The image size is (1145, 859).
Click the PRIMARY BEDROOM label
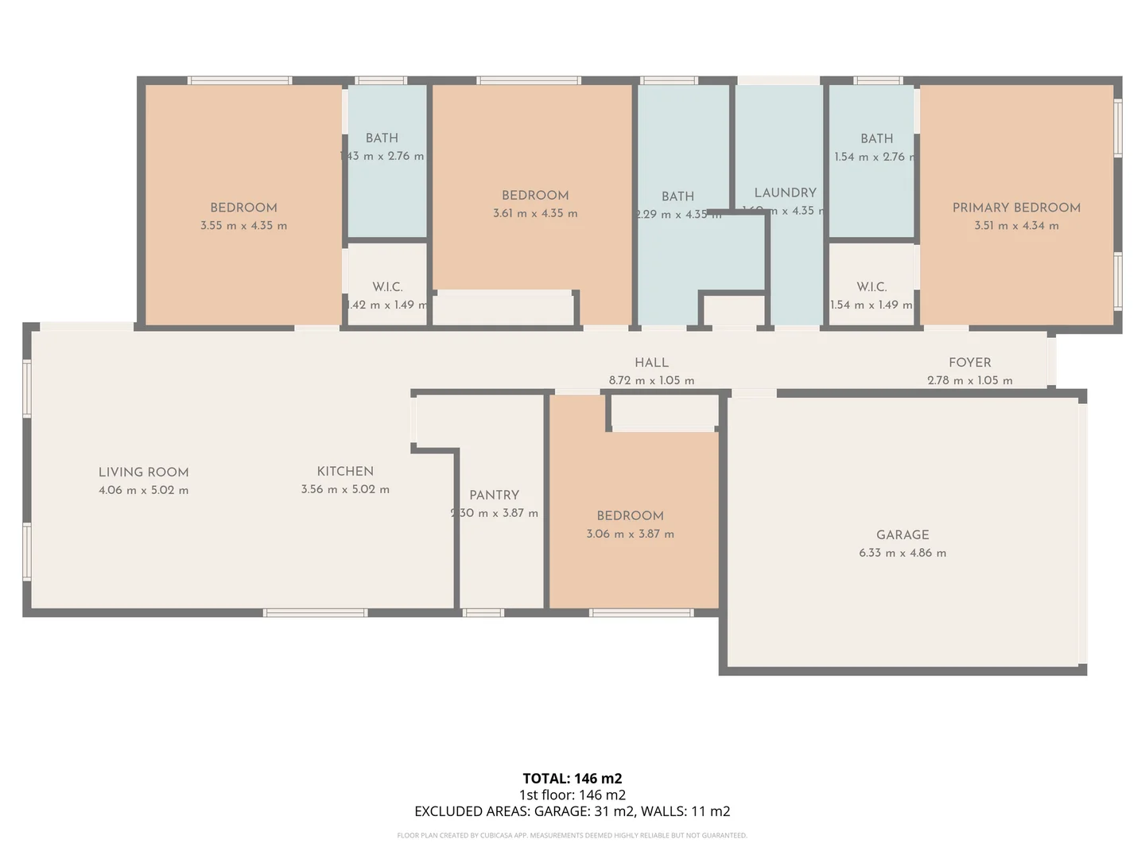[1016, 208]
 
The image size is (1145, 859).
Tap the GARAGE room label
[902, 535]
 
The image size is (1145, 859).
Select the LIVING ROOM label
[144, 472]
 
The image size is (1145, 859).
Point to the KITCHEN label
[345, 472]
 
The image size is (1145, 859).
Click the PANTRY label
[494, 495]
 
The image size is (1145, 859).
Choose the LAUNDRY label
[785, 193]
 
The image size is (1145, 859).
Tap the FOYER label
[969, 363]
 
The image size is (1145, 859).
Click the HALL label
[651, 363]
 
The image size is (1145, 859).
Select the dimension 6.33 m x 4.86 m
[902, 553]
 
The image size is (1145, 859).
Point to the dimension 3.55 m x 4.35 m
[243, 226]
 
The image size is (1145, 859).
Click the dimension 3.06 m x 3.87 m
[630, 534]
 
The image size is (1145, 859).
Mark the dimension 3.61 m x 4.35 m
[535, 213]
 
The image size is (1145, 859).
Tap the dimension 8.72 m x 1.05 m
[651, 381]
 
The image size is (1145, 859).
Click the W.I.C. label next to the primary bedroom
[871, 287]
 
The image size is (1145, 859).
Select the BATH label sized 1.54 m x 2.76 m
[876, 139]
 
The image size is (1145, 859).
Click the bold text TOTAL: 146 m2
[572, 779]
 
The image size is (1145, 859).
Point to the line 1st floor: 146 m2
[572, 795]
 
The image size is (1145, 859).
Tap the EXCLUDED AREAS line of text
[572, 811]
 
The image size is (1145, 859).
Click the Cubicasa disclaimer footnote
[572, 835]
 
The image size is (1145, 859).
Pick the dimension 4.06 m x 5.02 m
[144, 490]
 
